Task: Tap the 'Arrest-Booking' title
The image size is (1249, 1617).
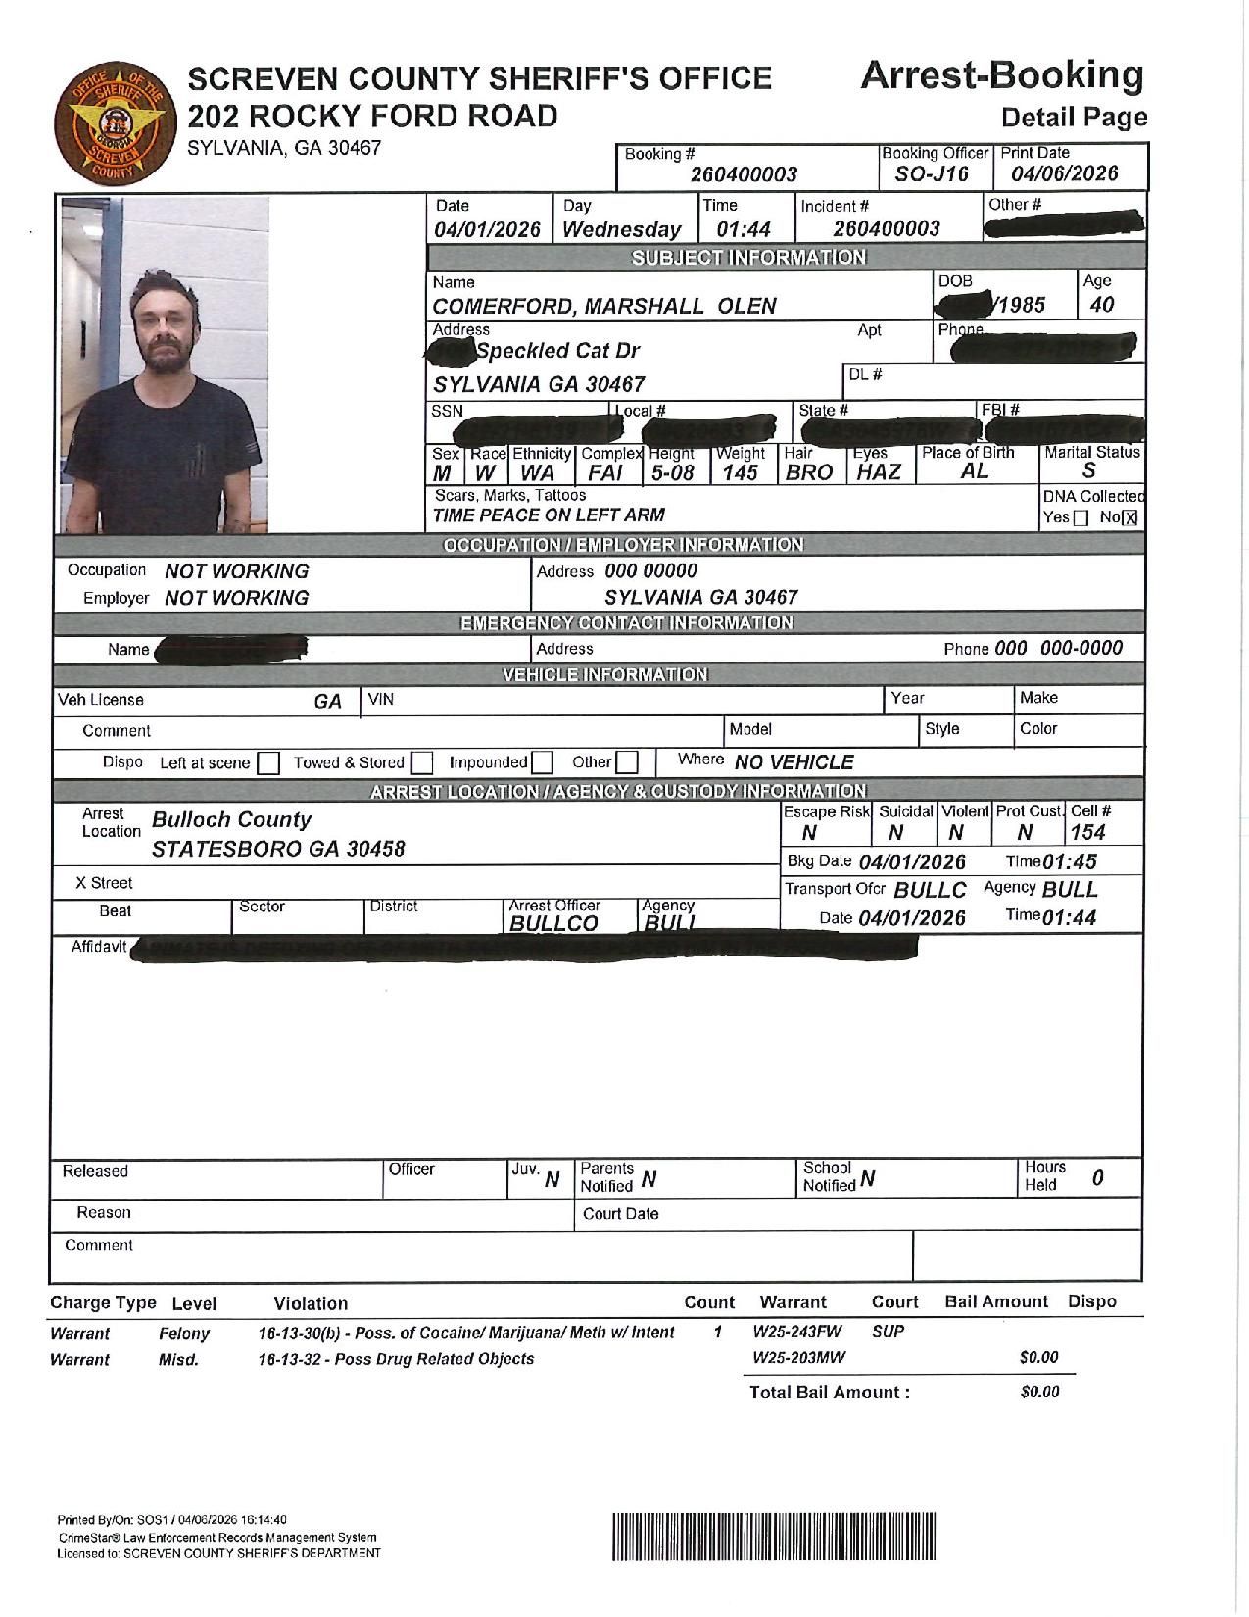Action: (1001, 75)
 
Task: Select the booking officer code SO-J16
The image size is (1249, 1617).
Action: (932, 174)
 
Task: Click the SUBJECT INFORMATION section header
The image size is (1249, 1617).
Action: (748, 258)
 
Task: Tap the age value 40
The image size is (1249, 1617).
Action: (1101, 305)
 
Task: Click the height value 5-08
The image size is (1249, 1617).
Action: (672, 472)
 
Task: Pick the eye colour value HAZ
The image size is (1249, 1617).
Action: (879, 472)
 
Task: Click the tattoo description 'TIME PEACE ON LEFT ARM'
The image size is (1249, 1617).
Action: (549, 515)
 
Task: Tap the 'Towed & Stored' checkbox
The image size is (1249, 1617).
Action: (422, 762)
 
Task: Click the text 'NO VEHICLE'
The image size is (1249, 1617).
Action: (793, 762)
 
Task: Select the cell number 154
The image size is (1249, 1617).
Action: (1087, 833)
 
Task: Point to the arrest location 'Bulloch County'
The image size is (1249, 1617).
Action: (231, 820)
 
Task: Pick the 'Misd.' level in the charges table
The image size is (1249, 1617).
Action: (178, 1360)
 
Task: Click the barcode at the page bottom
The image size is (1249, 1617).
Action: (774, 1536)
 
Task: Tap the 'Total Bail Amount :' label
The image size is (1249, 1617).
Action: (829, 1393)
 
